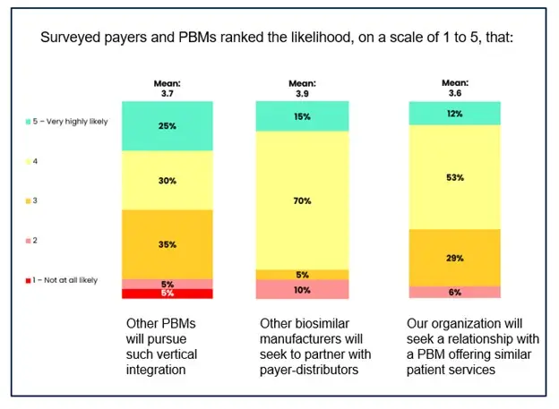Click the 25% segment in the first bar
168,125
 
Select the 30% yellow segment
168,180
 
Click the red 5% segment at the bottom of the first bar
168,294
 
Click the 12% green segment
454,113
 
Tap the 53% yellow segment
454,177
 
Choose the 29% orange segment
454,258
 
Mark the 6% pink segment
454,292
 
